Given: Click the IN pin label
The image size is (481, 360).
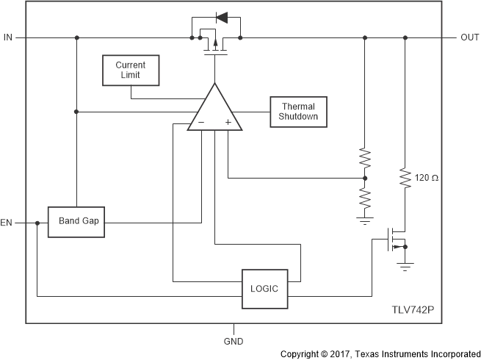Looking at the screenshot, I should pyautogui.click(x=8, y=37).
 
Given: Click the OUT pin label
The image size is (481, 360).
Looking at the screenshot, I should pyautogui.click(x=470, y=37).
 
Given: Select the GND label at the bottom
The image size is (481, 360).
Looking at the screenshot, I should pyautogui.click(x=234, y=341).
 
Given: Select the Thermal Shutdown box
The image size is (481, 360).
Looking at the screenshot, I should pyautogui.click(x=297, y=112).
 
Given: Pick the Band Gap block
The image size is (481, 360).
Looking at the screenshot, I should pyautogui.click(x=77, y=221).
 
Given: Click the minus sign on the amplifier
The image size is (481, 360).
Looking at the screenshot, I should pyautogui.click(x=200, y=122).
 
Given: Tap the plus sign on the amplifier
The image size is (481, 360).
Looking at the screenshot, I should pyautogui.click(x=228, y=122).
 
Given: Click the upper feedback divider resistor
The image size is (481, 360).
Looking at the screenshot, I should pyautogui.click(x=365, y=159).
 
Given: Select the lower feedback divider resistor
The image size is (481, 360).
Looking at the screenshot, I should pyautogui.click(x=365, y=197).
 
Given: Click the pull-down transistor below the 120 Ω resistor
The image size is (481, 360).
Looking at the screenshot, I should pyautogui.click(x=397, y=240).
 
